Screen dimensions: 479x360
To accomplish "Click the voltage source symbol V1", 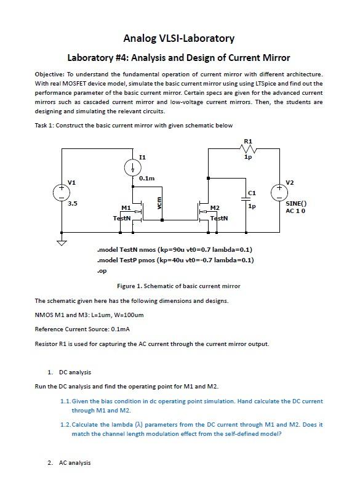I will (62, 193).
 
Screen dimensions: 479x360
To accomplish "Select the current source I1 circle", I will (133, 167).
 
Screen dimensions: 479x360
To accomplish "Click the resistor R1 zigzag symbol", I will (247, 149).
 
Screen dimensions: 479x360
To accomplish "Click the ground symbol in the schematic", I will (62, 241).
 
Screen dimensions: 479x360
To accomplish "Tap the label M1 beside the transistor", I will (126, 208).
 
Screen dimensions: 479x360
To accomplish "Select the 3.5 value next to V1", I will (72, 203).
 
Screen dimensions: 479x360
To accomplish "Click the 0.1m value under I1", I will (146, 179).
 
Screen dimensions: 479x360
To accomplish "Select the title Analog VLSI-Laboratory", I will (178, 38).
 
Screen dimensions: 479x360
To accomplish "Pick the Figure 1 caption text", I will (178, 286).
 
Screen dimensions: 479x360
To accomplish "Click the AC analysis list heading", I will (74, 463).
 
